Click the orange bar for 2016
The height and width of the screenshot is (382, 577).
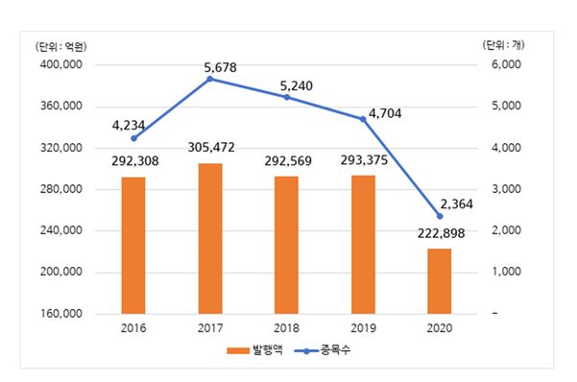(x=133, y=245)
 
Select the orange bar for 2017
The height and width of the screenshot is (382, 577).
(x=210, y=238)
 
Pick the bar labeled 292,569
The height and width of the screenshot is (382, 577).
(x=287, y=245)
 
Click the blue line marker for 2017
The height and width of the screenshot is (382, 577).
(x=210, y=79)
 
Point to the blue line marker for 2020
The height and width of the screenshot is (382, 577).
(x=440, y=216)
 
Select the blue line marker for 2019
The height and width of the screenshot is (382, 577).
(x=363, y=119)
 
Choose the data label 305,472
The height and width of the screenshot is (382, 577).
(x=210, y=148)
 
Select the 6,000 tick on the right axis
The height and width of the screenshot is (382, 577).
(x=506, y=65)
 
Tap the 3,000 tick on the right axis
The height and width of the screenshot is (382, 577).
(x=506, y=189)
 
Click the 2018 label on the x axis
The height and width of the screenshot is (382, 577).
(x=287, y=328)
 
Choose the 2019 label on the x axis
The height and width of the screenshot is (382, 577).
(x=363, y=328)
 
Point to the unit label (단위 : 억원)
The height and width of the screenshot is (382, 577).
(x=57, y=46)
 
